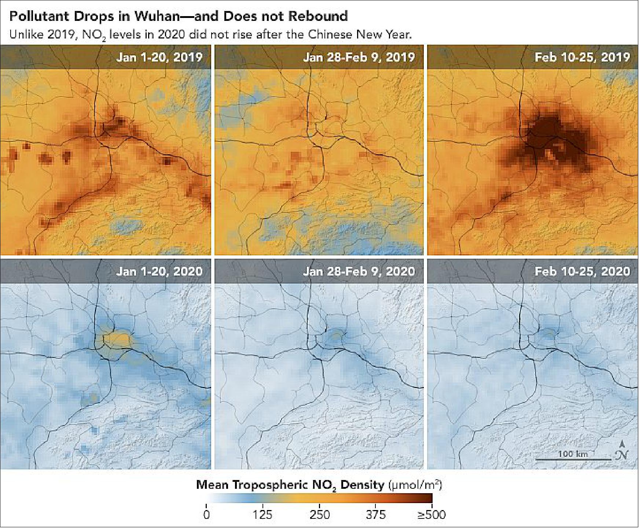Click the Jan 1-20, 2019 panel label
[x=159, y=57]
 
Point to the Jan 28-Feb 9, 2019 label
[x=359, y=57]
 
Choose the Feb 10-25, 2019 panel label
[x=582, y=57]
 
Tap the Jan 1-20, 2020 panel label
[x=159, y=271]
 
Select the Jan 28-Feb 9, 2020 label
[x=359, y=271]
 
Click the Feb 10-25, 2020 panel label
[x=582, y=271]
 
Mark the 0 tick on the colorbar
[x=207, y=515]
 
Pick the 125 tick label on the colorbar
[x=263, y=515]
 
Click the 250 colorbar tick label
[x=319, y=515]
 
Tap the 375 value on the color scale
[x=375, y=515]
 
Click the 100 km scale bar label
[x=573, y=454]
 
